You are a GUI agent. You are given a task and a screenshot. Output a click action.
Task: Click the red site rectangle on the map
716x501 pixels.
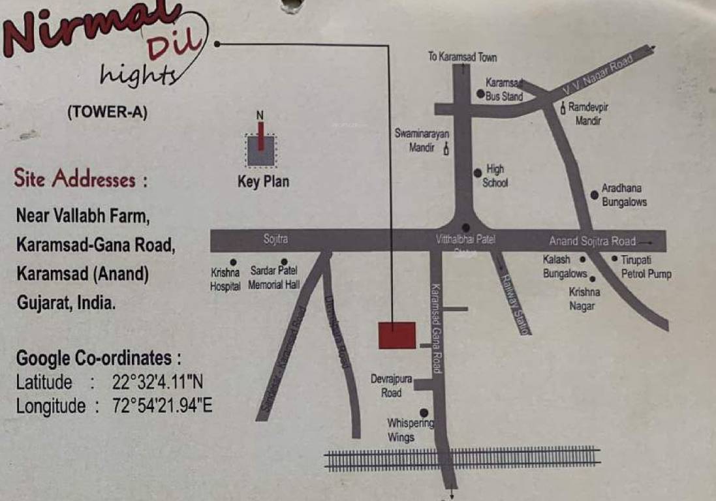coord(397,335)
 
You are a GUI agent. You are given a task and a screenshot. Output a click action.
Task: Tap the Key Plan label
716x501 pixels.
coord(263,182)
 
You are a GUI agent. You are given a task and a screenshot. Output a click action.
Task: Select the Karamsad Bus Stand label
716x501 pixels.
coord(505,90)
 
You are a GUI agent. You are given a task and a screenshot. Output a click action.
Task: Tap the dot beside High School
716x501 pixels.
coord(478,173)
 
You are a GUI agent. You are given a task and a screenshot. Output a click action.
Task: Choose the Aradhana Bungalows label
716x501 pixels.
coord(624,195)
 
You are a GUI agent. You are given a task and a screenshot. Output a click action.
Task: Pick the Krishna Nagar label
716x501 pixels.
coord(584,299)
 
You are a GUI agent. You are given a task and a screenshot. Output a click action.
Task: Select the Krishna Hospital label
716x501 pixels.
coord(225,279)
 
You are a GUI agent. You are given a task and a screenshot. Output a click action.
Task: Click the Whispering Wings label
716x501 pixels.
coord(410,431)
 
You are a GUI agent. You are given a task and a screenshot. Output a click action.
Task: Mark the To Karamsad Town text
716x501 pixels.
coord(462,57)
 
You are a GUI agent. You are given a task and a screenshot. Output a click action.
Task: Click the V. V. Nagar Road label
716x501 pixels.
coord(599,76)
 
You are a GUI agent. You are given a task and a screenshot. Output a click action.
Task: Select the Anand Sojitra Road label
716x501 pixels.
coord(592,241)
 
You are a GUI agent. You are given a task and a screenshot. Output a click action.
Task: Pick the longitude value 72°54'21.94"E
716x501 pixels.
coord(162,406)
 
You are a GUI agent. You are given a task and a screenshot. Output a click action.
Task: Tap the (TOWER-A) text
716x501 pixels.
coord(108,112)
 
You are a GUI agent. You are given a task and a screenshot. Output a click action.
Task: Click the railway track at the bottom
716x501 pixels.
coord(462,459)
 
